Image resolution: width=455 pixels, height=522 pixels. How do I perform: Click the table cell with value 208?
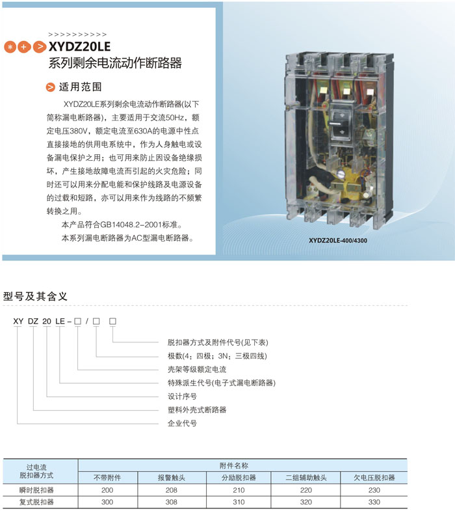click(171, 490)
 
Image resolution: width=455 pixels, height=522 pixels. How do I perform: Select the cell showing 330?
click(374, 502)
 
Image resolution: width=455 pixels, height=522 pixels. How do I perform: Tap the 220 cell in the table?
click(305, 490)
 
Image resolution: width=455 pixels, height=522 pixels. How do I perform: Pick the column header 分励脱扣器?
click(239, 478)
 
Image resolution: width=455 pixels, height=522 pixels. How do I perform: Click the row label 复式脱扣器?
click(36, 502)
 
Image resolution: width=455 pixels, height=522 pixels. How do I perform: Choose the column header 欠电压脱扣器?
click(374, 478)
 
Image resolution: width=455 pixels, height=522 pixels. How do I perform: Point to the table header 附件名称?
click(234, 465)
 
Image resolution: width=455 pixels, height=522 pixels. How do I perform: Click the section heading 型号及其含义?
click(35, 296)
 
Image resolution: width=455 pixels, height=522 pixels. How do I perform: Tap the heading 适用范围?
click(80, 87)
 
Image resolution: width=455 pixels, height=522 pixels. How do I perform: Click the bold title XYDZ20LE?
click(79, 47)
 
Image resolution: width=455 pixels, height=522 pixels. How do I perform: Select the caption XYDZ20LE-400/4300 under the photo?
click(338, 240)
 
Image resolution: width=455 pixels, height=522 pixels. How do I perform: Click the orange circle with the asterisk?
click(10, 48)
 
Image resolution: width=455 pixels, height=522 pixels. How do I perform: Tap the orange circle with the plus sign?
click(24, 48)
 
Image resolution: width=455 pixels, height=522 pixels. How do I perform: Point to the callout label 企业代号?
click(182, 423)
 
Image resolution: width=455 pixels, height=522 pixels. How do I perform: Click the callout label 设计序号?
click(182, 396)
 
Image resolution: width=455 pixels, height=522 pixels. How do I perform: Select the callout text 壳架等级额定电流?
click(197, 369)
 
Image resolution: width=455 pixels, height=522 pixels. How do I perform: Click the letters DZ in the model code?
click(33, 322)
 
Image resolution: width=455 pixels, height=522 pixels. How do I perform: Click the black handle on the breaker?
click(340, 125)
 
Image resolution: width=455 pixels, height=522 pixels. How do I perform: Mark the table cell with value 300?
click(107, 502)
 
